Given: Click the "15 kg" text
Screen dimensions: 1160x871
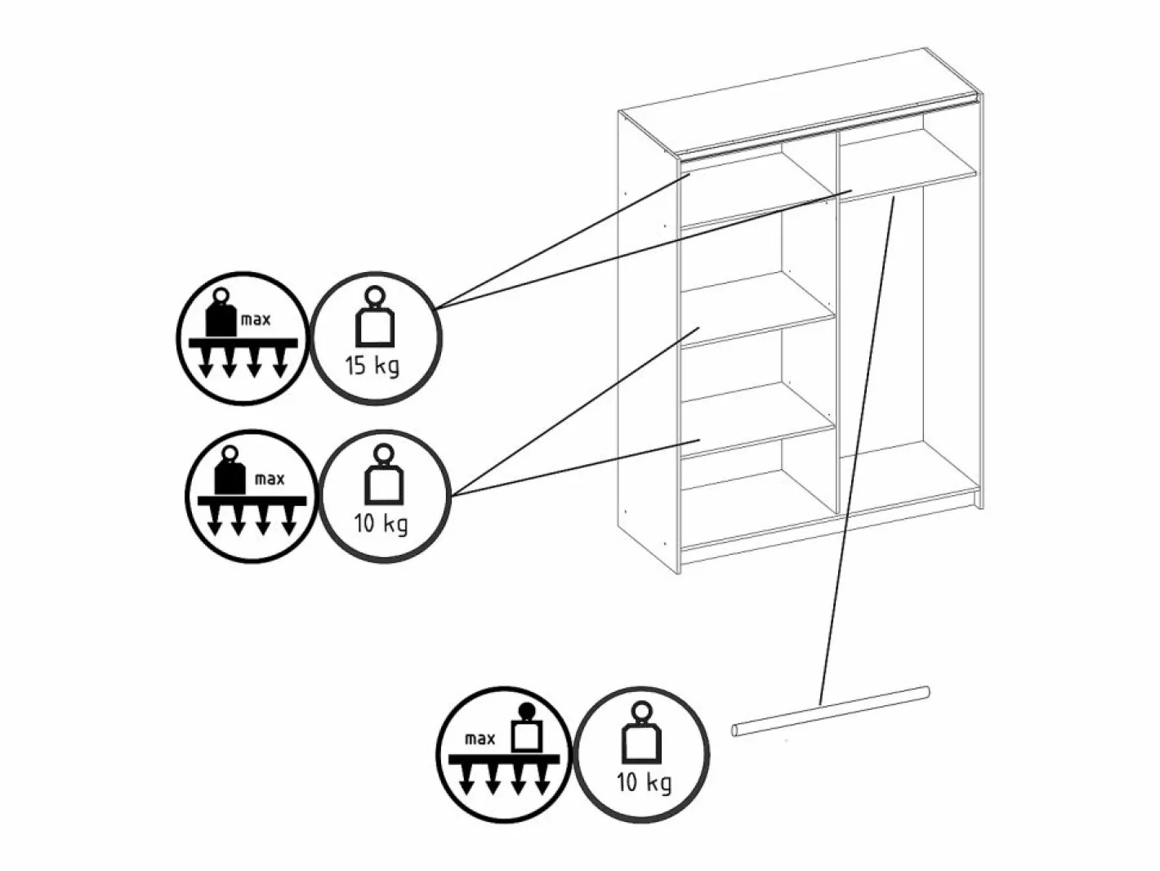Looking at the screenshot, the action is click(x=372, y=366).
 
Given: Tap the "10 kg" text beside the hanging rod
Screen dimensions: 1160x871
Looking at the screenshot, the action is click(x=644, y=783).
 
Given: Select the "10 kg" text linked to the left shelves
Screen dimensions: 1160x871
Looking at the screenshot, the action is click(x=381, y=524).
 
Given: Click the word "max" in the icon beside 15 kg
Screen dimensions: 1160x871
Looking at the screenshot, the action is click(x=256, y=319).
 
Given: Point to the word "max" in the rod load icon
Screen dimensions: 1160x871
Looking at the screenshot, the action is click(x=480, y=739).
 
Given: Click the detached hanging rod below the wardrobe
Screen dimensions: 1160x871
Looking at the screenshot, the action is click(x=830, y=712).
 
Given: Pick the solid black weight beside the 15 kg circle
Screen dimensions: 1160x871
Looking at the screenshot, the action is click(x=221, y=313).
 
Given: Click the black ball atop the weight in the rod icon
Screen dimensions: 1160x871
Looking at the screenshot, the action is click(x=526, y=711).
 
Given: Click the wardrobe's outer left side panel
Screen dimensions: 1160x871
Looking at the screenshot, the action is click(x=649, y=342).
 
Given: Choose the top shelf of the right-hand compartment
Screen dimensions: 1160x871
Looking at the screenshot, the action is click(x=908, y=174).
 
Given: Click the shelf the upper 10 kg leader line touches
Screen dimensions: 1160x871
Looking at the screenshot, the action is click(x=757, y=316).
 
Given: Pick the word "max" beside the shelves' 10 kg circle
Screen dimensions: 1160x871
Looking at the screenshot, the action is click(x=270, y=480).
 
